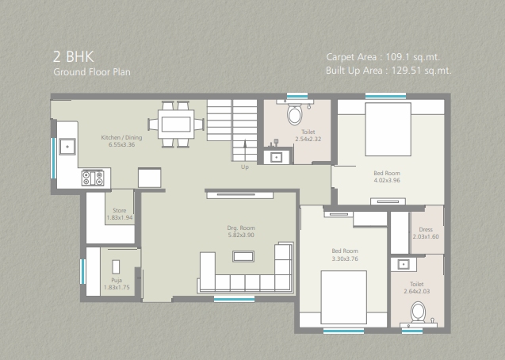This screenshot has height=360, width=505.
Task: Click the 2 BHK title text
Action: pos(74,56)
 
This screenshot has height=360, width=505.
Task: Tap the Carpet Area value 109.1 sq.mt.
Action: pos(412,57)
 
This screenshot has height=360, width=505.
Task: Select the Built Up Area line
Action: pos(388,71)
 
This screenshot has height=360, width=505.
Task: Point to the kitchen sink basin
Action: pos(67,147)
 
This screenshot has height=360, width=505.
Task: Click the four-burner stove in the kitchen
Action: pos(93,178)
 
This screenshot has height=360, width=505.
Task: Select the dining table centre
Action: pos(176,124)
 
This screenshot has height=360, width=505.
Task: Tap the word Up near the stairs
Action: pos(245,167)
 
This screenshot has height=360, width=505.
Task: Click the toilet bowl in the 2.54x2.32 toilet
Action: pos(294,114)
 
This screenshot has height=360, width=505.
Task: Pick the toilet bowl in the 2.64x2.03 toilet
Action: pos(418,312)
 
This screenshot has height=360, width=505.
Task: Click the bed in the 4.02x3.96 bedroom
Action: pos(388,129)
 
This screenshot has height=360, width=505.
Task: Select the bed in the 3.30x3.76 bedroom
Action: pos(344,297)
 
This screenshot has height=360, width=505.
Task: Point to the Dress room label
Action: pos(426,230)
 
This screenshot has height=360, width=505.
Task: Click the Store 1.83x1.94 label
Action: pos(120,214)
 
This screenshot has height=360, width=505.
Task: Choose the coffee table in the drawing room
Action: pos(243,256)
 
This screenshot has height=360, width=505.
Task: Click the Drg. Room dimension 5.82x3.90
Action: pos(241,235)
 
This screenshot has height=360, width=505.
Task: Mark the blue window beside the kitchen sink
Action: pos(53,158)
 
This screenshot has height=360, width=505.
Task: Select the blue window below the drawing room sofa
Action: pos(234,300)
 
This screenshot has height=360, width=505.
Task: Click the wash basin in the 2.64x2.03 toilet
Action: pos(404,264)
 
